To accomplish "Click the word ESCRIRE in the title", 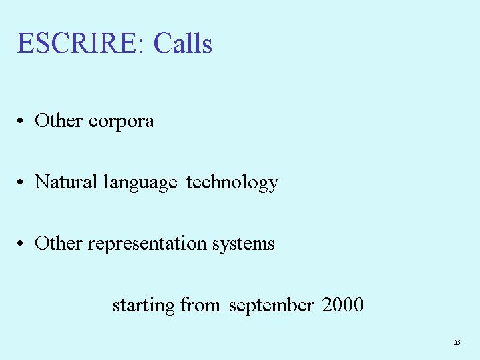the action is (x=76, y=43).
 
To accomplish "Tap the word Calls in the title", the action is (x=183, y=43).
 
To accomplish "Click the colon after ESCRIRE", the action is (x=140, y=46).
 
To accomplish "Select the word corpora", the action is (x=122, y=122).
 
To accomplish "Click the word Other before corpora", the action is (x=59, y=120).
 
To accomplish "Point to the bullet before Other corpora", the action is (x=20, y=120).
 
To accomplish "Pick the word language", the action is (x=140, y=183).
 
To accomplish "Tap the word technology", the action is (x=232, y=183).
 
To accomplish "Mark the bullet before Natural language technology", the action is (x=20, y=182).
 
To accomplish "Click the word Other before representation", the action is (x=59, y=243).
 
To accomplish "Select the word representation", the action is (x=148, y=245).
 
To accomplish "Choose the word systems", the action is (x=244, y=245).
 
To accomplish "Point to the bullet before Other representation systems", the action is (x=20, y=244).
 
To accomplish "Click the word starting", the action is (x=144, y=305).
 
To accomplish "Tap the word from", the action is (x=200, y=305).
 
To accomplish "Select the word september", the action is (x=272, y=306).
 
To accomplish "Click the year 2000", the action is (x=342, y=305).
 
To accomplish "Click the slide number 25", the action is (x=457, y=342).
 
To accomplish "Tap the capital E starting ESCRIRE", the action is (x=26, y=43).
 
